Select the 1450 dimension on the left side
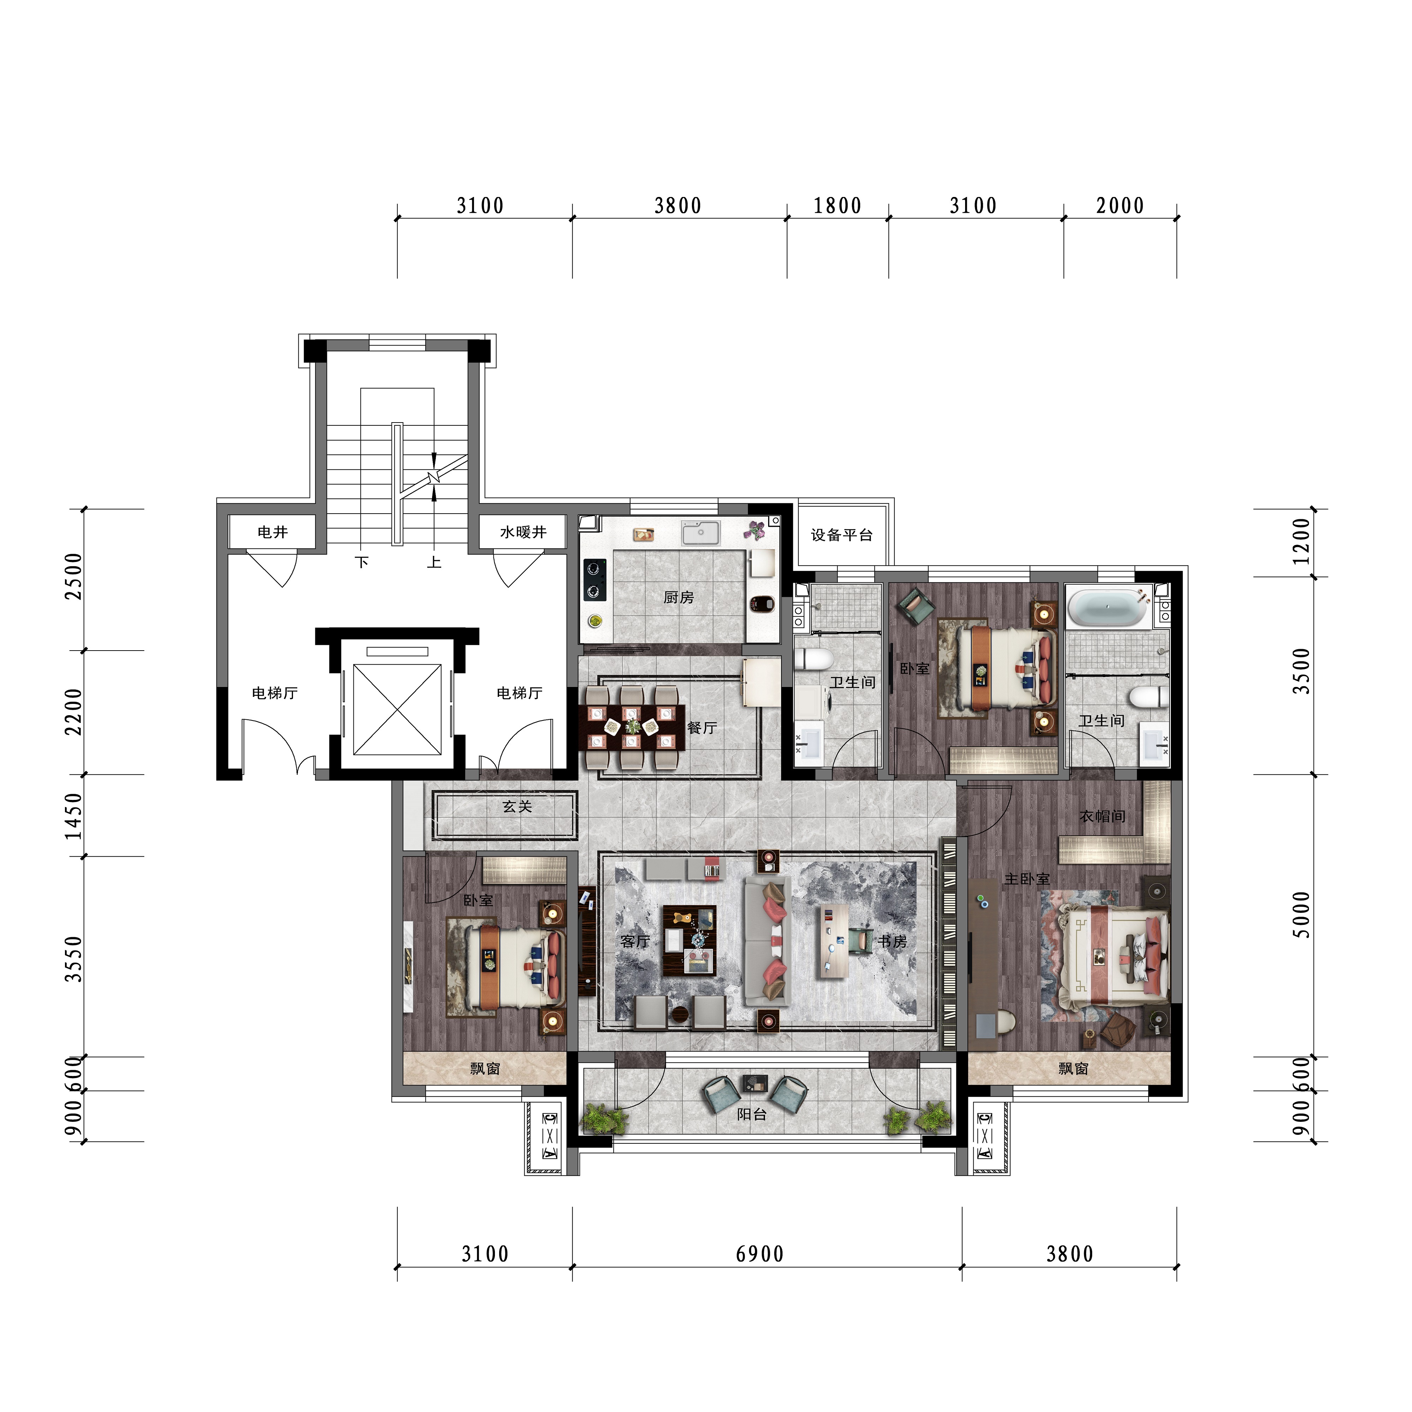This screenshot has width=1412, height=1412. coord(74,816)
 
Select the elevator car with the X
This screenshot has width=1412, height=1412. coord(397,709)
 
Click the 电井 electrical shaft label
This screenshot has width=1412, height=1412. coord(273,532)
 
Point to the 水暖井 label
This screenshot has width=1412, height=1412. coord(523,532)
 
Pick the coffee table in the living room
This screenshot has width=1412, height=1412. coord(689,941)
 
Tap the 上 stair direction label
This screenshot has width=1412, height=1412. coord(434,562)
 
